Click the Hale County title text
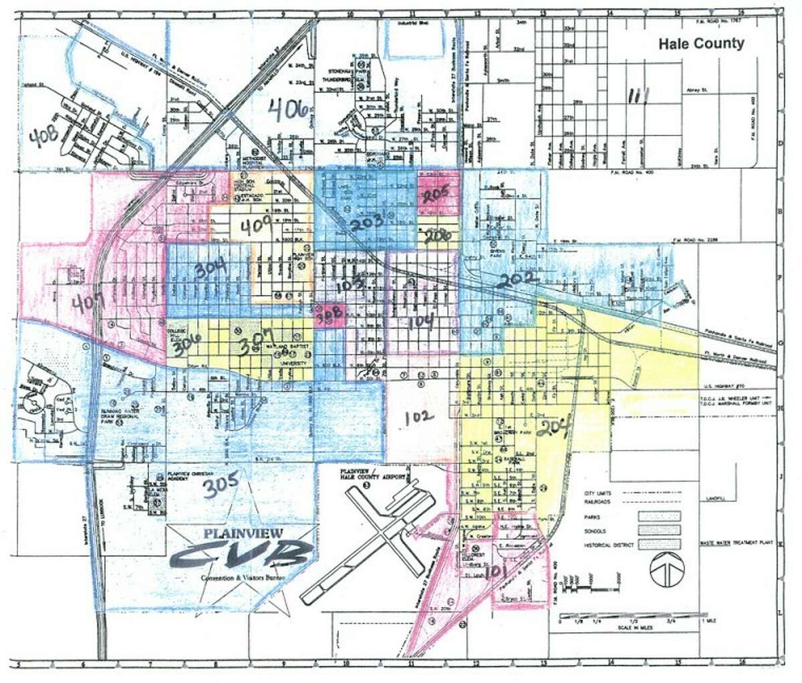tap(701, 44)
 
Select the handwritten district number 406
tap(292, 109)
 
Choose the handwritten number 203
tap(368, 222)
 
